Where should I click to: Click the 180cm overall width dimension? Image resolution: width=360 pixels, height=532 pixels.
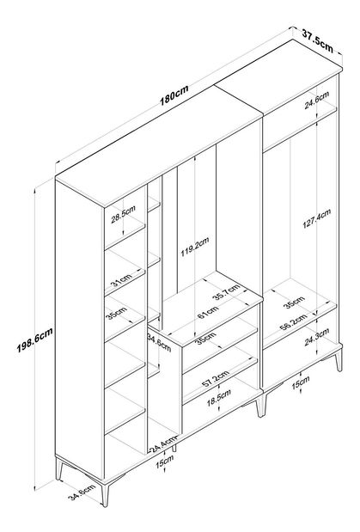(x=174, y=96)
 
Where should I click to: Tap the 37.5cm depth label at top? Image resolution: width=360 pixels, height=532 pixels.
(x=317, y=40)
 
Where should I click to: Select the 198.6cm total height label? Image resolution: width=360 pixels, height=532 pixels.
(x=35, y=340)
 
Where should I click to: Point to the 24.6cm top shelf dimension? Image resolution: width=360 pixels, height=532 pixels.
(x=316, y=100)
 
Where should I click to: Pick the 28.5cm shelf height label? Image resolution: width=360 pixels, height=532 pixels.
(x=123, y=214)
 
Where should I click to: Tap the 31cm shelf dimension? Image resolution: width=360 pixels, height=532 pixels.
(x=121, y=279)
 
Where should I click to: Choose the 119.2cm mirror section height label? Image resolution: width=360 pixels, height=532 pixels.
(x=194, y=247)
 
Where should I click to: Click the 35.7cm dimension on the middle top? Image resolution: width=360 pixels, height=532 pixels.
(x=226, y=292)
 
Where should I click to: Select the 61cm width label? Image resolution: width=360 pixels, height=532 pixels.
(x=208, y=313)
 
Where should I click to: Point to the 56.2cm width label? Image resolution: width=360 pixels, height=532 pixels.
(x=293, y=322)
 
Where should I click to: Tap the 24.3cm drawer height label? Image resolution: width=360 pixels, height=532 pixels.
(x=316, y=337)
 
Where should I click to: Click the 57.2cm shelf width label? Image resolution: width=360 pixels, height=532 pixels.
(x=215, y=379)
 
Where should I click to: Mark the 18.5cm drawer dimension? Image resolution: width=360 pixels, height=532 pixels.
(x=219, y=398)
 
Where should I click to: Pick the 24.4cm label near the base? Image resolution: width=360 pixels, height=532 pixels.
(x=163, y=444)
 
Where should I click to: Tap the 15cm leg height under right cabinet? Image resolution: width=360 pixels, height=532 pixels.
(x=302, y=382)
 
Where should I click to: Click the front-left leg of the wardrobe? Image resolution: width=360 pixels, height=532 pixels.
(x=105, y=494)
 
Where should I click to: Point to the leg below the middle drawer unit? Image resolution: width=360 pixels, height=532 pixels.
(x=260, y=406)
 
